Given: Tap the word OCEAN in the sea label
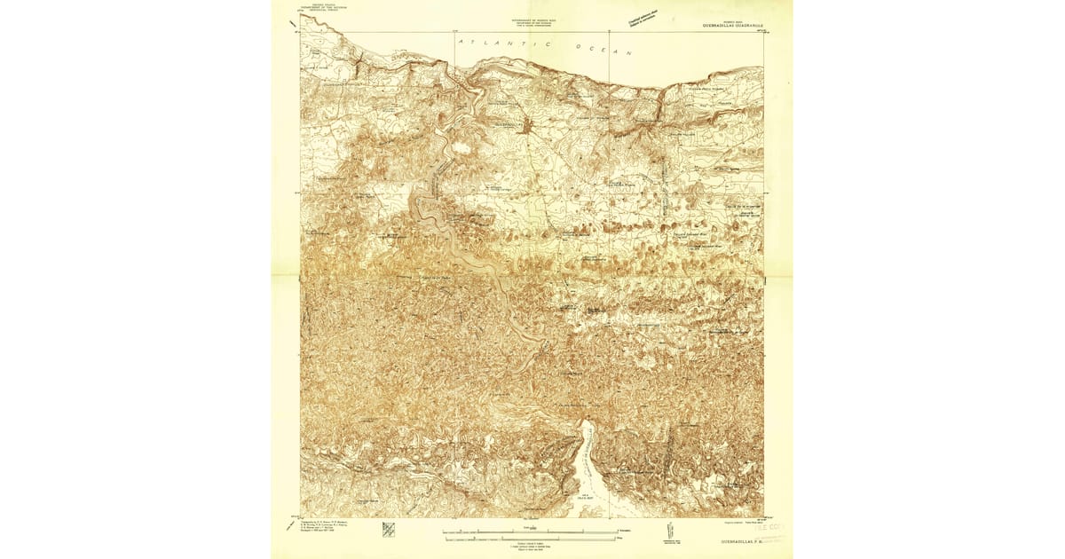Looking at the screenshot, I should point(603,50).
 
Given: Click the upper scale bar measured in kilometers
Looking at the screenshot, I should point(530,531).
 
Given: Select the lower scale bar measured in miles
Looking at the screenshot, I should point(530,538).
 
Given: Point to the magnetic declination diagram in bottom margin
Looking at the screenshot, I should point(668,533).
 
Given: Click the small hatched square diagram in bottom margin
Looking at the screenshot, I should point(389,530).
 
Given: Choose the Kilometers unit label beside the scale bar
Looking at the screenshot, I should point(627,532).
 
